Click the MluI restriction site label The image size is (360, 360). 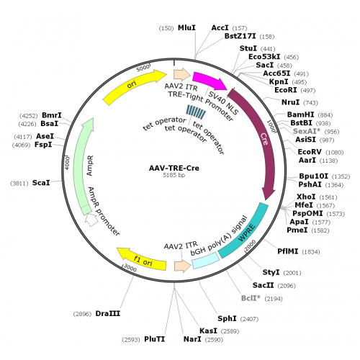coord(186,28)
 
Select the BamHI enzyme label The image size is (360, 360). coord(300,114)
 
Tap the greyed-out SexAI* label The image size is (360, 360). coord(307,131)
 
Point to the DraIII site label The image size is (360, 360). coord(108,313)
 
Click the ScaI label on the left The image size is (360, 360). coord(41,183)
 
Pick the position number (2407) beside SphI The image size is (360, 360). coord(249,319)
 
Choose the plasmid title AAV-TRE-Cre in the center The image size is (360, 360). coord(174,168)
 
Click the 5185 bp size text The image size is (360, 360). coord(174,175)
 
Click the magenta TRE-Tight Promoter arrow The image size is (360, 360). coord(208,80)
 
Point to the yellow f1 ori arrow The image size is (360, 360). coord(142,260)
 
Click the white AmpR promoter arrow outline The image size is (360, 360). coord(91,220)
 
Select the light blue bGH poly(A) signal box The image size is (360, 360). coord(206,261)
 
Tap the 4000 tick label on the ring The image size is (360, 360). coord(68,163)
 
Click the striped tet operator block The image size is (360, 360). coord(196,112)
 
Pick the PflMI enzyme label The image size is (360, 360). coord(288,251)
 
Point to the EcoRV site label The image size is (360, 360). coord(310,152)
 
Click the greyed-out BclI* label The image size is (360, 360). coord(251,298)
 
